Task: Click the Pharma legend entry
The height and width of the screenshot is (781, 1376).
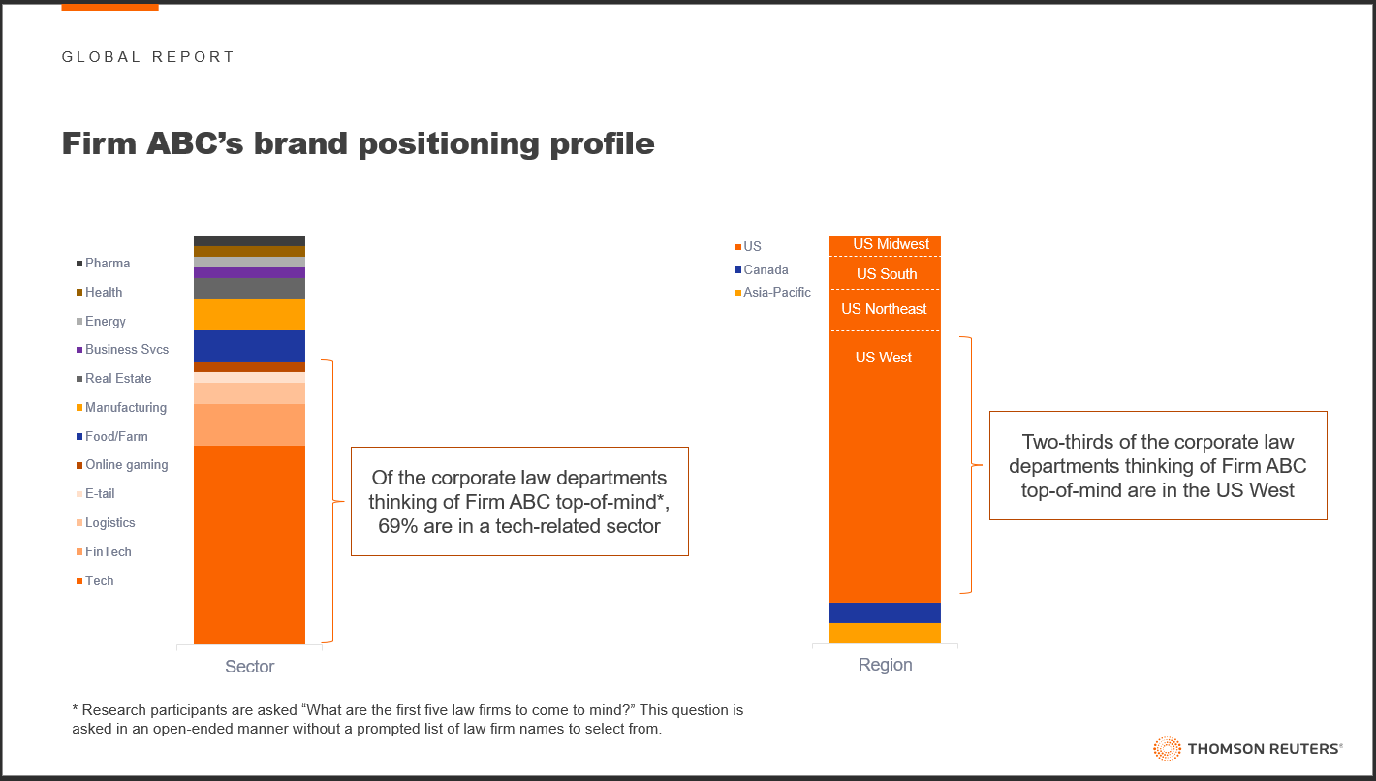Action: pyautogui.click(x=103, y=263)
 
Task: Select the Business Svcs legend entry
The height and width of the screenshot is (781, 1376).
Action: pyautogui.click(x=122, y=349)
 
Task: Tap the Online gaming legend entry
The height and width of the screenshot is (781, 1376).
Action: pyautogui.click(x=122, y=465)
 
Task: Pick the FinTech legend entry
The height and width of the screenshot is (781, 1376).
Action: pyautogui.click(x=104, y=551)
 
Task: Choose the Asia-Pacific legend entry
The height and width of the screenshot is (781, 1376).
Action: pyautogui.click(x=772, y=293)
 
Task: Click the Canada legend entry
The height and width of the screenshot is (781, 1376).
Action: pyautogui.click(x=761, y=269)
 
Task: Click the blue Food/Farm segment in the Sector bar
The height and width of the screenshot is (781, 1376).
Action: pyautogui.click(x=249, y=347)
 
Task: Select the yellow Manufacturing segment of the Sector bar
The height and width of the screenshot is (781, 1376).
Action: pyautogui.click(x=249, y=315)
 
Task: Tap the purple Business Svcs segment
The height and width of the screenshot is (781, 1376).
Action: pyautogui.click(x=249, y=273)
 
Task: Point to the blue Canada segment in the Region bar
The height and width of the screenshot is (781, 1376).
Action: pyautogui.click(x=885, y=612)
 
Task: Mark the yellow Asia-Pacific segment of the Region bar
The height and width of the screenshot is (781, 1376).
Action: pyautogui.click(x=885, y=634)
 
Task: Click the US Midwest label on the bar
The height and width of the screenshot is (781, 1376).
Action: pyautogui.click(x=891, y=244)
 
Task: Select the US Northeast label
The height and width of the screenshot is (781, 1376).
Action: pyautogui.click(x=884, y=309)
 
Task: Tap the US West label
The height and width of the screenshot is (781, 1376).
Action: pyautogui.click(x=884, y=358)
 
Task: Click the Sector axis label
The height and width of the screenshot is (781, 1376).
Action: pyautogui.click(x=249, y=667)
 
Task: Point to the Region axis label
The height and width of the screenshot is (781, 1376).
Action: pyautogui.click(x=885, y=665)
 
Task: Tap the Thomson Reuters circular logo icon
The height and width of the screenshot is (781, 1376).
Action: pyautogui.click(x=1167, y=748)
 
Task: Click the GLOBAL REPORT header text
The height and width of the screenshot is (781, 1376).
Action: pyautogui.click(x=148, y=57)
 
